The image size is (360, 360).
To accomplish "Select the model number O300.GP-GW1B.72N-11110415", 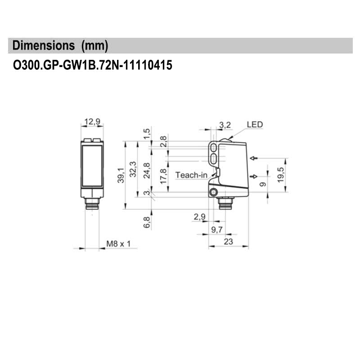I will (93, 66).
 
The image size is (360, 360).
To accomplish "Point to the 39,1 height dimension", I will (120, 175).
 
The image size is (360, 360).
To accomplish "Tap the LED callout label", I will (254, 125).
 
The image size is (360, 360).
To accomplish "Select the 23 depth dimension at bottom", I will (228, 242).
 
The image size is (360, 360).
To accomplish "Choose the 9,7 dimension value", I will (216, 230).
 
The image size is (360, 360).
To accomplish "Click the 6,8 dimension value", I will (146, 222).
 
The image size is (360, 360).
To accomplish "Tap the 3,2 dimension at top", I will (225, 125).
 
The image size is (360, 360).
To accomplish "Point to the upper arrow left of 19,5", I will (254, 158).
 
